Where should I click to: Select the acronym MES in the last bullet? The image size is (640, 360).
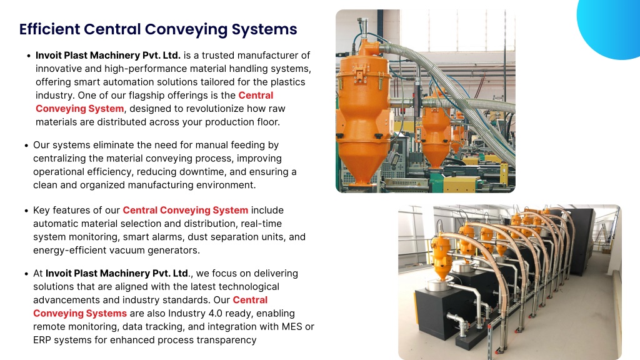292,327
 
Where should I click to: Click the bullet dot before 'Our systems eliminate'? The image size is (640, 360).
26,146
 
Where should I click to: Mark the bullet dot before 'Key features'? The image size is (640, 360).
26,211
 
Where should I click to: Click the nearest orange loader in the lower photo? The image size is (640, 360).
441,257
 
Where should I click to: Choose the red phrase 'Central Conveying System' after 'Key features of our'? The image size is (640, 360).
185,210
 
